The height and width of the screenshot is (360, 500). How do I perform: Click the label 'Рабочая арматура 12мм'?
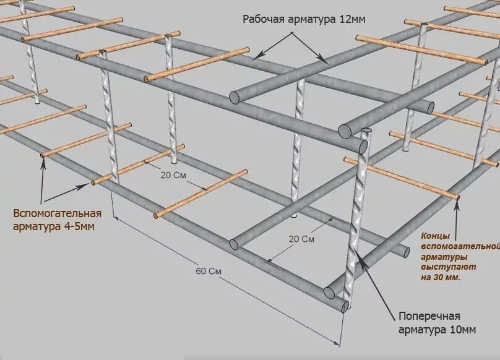pyautogui.click(x=303, y=19)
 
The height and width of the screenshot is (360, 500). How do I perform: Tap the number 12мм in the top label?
pyautogui.click(x=353, y=19)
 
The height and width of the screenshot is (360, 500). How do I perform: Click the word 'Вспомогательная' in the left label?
pyautogui.click(x=56, y=214)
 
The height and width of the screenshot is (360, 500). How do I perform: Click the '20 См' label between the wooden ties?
pyautogui.click(x=174, y=174)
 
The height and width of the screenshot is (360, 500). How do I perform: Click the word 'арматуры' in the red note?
pyautogui.click(x=444, y=257)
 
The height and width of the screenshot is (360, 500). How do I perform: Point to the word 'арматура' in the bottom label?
pyautogui.click(x=416, y=330)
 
